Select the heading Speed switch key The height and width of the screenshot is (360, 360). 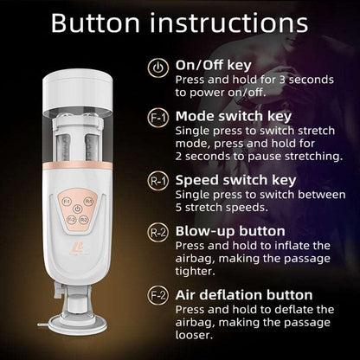point(235,179)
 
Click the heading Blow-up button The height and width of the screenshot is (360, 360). point(230,232)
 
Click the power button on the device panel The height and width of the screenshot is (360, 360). point(78,208)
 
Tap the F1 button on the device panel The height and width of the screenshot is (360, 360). point(67,201)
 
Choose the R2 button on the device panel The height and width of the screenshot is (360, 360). point(84,220)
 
